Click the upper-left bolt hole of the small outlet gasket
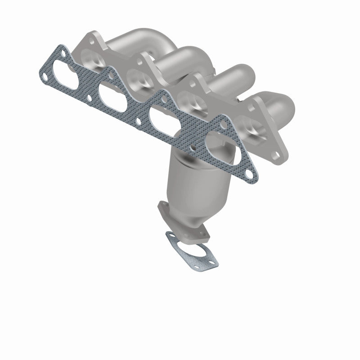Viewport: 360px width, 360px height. pyautogui.click(x=170, y=235)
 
